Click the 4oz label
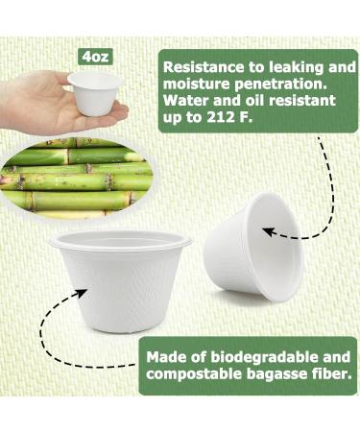click(x=94, y=57)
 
